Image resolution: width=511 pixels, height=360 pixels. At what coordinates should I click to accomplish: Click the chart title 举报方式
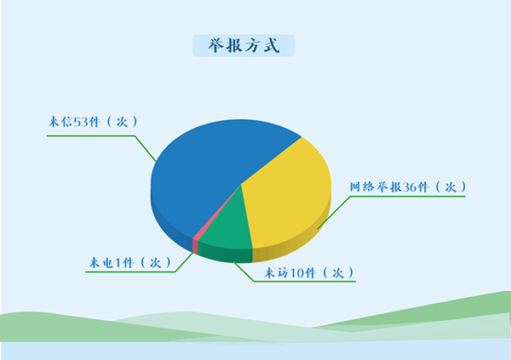click(x=244, y=46)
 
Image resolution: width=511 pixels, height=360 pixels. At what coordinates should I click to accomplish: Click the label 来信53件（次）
click(x=92, y=122)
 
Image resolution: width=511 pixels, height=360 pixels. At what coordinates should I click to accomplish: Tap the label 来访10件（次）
click(x=307, y=272)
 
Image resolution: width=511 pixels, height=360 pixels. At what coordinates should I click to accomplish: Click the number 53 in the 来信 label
click(x=82, y=122)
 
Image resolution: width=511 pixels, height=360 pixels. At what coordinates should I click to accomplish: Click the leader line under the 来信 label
click(x=94, y=133)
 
